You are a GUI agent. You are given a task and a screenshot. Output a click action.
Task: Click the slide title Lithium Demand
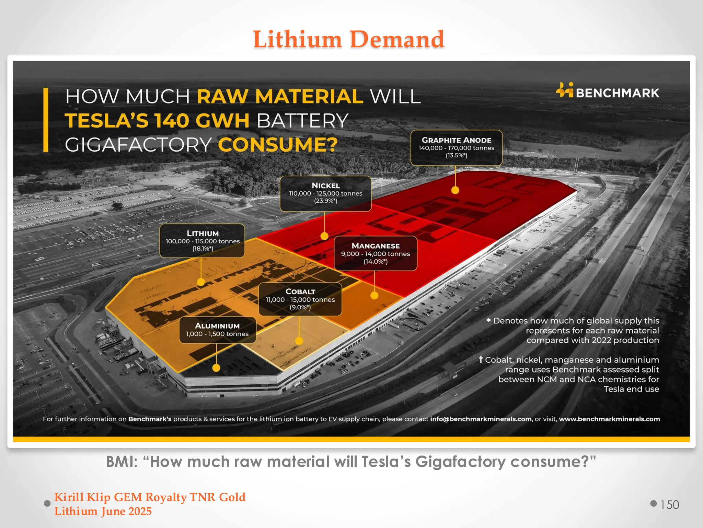click(x=348, y=40)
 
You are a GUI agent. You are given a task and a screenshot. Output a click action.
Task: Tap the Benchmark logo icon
click(x=565, y=90)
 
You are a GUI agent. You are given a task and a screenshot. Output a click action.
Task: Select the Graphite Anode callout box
click(x=456, y=147)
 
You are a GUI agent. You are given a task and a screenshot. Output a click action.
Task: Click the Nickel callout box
click(x=325, y=193)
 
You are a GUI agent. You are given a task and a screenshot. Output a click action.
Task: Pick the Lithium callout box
click(x=202, y=241)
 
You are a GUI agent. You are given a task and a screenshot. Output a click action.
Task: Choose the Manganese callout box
click(x=376, y=253)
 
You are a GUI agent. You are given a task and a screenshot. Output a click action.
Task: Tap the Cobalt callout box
click(x=300, y=299)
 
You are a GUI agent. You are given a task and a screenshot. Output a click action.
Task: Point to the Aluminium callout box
click(x=217, y=330)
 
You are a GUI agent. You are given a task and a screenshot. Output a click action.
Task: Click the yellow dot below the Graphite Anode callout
click(x=455, y=190)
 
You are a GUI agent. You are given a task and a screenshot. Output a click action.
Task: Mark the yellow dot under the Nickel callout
click(x=324, y=236)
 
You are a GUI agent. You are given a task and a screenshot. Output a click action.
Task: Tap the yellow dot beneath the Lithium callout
click(x=201, y=282)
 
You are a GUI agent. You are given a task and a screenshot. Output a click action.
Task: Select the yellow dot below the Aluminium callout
click(x=216, y=368)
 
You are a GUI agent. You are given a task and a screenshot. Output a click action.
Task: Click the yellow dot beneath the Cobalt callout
click(x=299, y=341)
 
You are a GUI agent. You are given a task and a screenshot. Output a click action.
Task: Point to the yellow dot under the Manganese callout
click(x=374, y=295)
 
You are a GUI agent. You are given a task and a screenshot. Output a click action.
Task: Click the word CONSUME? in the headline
click(x=278, y=145)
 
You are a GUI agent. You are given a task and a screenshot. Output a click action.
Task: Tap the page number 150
click(x=670, y=505)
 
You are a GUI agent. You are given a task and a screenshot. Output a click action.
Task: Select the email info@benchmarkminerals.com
click(x=481, y=419)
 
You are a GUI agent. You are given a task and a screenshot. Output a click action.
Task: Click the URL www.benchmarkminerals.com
click(x=609, y=419)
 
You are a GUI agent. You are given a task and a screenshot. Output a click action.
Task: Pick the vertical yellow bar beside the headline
click(x=46, y=120)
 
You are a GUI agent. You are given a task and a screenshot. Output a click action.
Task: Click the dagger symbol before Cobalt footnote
click(x=481, y=359)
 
